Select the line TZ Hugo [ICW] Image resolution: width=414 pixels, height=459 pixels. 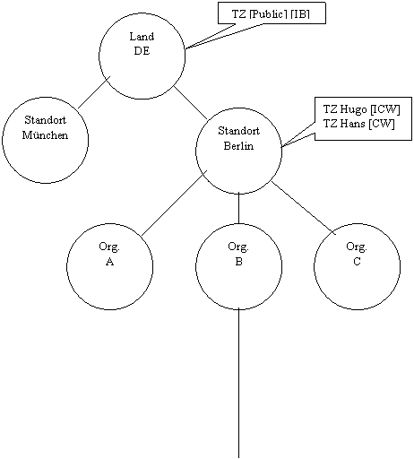click(x=361, y=109)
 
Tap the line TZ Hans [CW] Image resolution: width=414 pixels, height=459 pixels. click(x=358, y=124)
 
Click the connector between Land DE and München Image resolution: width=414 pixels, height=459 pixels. click(x=94, y=92)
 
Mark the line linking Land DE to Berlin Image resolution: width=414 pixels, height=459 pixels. click(x=191, y=103)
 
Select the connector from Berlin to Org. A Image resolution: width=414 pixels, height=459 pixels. click(x=174, y=204)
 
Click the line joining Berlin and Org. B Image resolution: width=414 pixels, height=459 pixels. click(x=238, y=209)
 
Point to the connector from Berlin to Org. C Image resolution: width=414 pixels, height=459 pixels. click(x=304, y=208)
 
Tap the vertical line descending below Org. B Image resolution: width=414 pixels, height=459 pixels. click(x=238, y=384)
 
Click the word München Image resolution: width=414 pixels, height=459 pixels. click(x=45, y=135)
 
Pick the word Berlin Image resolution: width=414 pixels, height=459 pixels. click(x=238, y=146)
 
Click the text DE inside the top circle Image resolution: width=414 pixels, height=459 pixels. click(x=142, y=51)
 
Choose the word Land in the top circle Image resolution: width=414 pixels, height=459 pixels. click(x=142, y=37)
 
